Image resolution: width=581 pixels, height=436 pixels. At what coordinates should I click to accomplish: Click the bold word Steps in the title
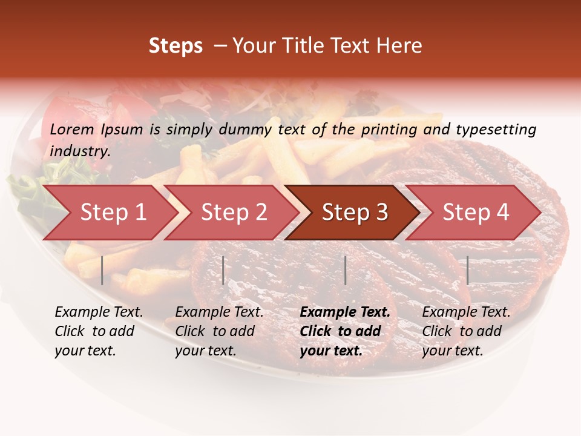(x=176, y=46)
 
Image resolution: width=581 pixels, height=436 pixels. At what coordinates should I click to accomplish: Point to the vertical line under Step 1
(x=102, y=270)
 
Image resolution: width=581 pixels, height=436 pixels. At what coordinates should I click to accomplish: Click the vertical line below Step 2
(x=223, y=270)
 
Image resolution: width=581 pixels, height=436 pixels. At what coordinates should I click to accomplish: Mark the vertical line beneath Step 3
(x=345, y=270)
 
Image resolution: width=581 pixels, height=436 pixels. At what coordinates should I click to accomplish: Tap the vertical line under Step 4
(x=467, y=270)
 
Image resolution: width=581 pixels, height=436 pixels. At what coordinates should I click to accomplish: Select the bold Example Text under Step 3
(x=345, y=331)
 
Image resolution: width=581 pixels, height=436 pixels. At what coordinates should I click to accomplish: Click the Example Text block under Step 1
(x=99, y=331)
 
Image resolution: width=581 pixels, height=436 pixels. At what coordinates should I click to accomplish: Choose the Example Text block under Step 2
(x=219, y=331)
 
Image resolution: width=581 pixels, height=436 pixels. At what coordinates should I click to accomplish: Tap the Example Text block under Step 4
(x=466, y=331)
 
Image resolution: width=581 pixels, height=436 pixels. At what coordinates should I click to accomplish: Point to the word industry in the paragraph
(x=79, y=151)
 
